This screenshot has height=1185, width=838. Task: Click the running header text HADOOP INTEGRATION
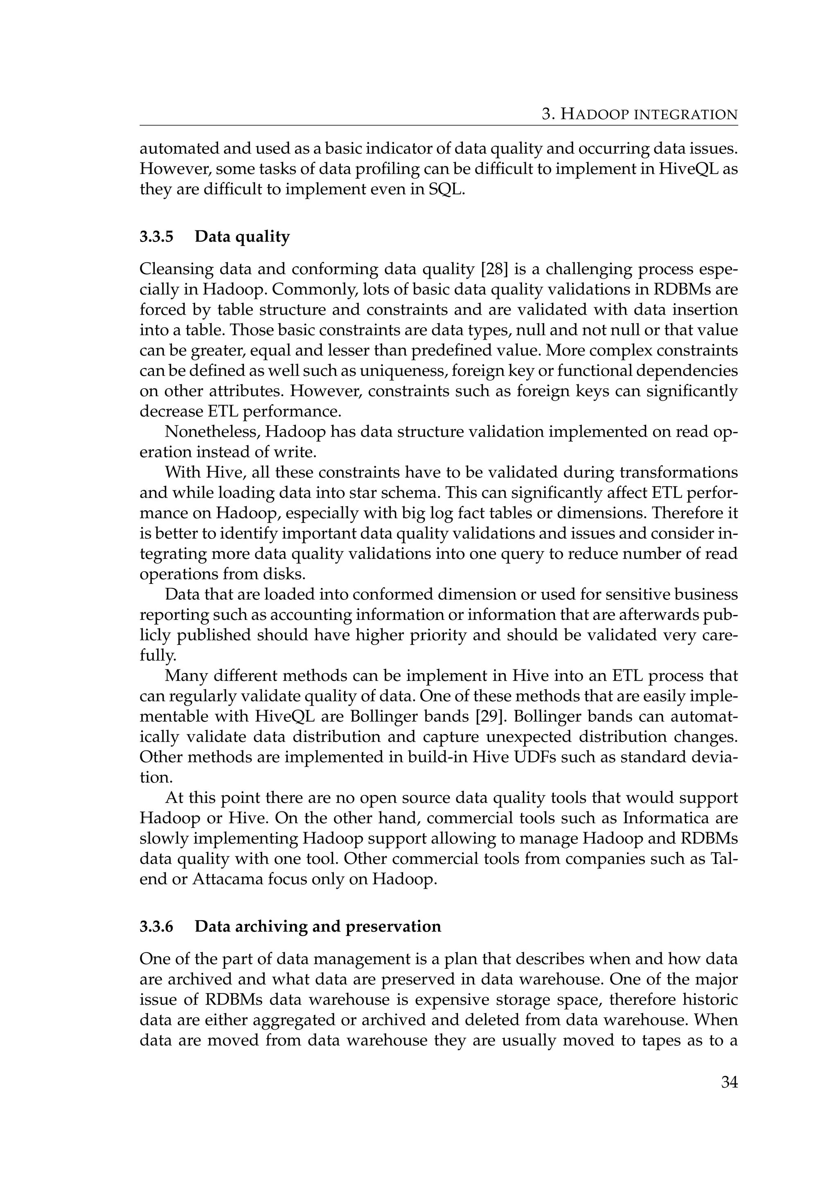coord(649,114)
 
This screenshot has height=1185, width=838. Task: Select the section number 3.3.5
coord(157,237)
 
